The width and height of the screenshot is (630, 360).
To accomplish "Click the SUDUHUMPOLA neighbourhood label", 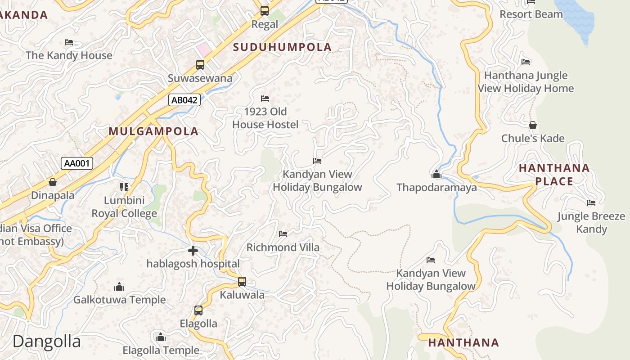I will pos(282,47).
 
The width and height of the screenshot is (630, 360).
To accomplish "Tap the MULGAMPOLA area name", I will pos(153,131).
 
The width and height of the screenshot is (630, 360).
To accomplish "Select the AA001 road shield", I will pos(77,163).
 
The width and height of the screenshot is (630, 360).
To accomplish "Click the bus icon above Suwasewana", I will pos(200,65).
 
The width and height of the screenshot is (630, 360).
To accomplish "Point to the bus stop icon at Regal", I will pos(265,10).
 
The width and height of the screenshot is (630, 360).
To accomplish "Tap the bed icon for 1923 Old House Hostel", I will pos(265,98).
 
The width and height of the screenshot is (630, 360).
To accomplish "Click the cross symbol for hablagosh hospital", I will pos(193,251).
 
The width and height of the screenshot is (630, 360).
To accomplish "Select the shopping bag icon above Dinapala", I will pos(53,182).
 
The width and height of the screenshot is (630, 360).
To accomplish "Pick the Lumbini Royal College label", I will pos(124,207).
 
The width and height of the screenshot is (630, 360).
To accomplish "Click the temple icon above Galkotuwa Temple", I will pos(119,286).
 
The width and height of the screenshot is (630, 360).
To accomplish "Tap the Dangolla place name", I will pos(47,341).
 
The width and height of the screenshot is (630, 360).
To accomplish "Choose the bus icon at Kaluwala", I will pos(242,282).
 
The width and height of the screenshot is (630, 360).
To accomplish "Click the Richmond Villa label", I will pos(283,247).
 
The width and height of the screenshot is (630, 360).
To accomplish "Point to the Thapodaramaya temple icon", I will pos(436,174).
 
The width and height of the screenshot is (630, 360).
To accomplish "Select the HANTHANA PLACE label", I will pos(554,175).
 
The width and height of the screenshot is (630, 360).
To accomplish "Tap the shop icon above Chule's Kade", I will pos(533,125).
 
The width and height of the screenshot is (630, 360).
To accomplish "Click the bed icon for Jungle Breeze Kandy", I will pos(591,203).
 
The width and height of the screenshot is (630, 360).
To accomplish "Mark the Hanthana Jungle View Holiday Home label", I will pos(526,82).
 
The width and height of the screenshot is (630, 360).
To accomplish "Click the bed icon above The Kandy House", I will pos(69,42).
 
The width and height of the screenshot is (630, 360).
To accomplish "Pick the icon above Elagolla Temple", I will pos(161,337).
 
